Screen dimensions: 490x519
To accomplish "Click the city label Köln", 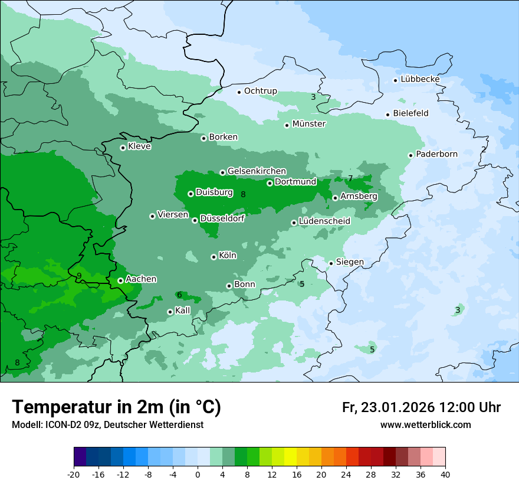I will tap(227, 256).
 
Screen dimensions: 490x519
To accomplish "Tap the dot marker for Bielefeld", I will tap(387, 115).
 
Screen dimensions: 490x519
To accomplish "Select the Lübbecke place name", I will tap(420, 79).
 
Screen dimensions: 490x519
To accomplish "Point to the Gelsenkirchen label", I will tap(257, 171).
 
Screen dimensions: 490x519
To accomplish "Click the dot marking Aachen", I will tap(120, 280).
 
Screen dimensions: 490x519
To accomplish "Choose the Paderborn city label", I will tap(436, 154).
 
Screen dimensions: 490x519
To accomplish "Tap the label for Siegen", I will tap(350, 262).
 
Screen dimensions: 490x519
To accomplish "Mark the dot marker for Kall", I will tap(170, 312).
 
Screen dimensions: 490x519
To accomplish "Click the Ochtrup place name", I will tap(260, 91).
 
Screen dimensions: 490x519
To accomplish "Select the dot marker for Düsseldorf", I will tap(195, 220).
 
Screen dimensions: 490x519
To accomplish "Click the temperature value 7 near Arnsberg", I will tap(350, 178).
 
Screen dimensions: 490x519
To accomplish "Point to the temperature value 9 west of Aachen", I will tap(78, 276).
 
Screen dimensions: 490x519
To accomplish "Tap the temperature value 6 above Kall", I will tap(179, 295).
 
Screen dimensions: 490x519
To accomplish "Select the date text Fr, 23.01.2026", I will tap(388, 407).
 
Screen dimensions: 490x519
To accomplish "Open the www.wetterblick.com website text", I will tap(425, 425).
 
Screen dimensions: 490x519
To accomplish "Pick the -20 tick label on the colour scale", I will tap(74, 475).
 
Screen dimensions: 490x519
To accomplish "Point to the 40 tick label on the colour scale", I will tap(445, 475).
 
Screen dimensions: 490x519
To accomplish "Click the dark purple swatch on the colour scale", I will tap(80, 457).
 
